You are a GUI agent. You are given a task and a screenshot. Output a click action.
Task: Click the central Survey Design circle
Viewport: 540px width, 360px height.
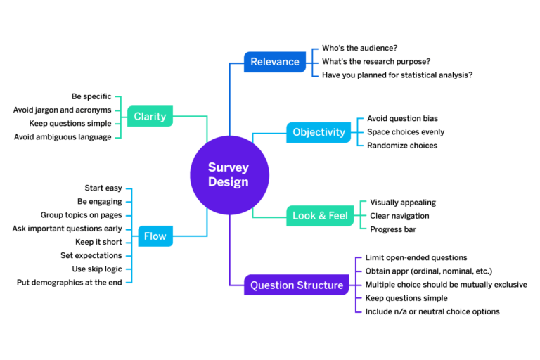coord(229,174)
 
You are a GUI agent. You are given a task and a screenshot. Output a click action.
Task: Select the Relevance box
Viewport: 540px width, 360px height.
coord(275,62)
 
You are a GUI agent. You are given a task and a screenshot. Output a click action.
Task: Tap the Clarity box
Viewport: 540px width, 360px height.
coord(150,116)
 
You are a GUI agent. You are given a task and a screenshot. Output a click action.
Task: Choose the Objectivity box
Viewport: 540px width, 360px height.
coord(319,132)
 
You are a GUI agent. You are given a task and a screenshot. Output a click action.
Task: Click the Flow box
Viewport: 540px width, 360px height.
coord(155,236)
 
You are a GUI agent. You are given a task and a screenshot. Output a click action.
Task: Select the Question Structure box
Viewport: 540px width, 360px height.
coord(297,285)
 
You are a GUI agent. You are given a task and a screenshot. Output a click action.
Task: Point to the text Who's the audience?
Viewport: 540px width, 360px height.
coord(359,48)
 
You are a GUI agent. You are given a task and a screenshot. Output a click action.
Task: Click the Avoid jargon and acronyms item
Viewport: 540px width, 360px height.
coord(63,110)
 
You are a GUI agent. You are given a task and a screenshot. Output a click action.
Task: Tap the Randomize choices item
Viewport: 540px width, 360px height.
coord(401,146)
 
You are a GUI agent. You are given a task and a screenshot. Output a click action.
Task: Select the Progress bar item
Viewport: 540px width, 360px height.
coord(393,229)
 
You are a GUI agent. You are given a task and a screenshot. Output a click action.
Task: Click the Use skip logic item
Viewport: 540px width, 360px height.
coord(97,269)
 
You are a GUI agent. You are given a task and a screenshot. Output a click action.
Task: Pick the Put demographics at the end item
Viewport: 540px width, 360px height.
coord(69,282)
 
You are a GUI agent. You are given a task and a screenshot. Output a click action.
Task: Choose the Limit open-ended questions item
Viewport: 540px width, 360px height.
coord(416,258)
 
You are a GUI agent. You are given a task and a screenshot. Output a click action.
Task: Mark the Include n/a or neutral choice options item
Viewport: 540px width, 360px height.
coord(432,311)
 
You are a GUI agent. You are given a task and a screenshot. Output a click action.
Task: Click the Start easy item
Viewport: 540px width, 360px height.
coord(103,188)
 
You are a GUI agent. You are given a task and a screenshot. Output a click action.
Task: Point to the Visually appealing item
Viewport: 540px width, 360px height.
coord(403,202)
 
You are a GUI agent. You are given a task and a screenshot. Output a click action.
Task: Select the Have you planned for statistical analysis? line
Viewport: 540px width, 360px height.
coord(397,75)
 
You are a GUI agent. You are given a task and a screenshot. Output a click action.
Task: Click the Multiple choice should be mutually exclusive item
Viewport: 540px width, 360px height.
coord(446,285)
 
